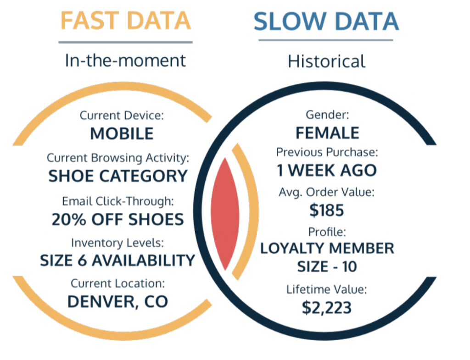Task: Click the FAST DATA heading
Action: coord(125,21)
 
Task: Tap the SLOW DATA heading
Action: coord(326,21)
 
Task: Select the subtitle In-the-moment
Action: coord(125,61)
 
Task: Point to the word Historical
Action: coord(326,61)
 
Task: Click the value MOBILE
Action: coord(122,133)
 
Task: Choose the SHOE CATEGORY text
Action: coord(118,176)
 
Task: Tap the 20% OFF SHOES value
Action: coord(117,219)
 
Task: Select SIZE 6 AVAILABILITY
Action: coord(117,260)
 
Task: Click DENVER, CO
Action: coord(117,301)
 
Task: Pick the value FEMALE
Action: coord(327,133)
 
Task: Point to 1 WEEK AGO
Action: coord(326,171)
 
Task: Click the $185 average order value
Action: coord(326,210)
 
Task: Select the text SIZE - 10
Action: coord(326,266)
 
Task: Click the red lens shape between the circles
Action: coord(225,213)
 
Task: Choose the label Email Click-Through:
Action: coord(117,201)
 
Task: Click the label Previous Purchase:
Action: coord(326,152)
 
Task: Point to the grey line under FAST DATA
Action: coord(125,42)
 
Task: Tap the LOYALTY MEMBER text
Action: coord(327,249)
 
